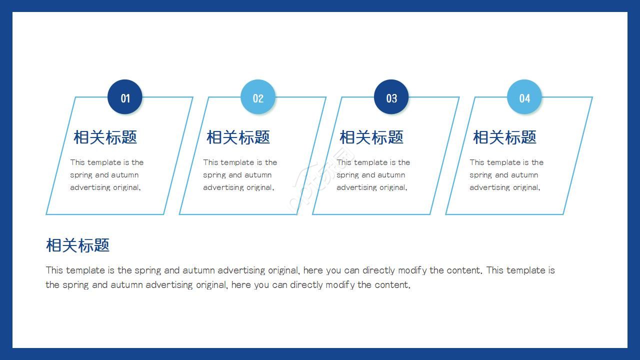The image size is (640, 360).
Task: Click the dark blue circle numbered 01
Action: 125,97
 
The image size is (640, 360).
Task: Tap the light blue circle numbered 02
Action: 258,97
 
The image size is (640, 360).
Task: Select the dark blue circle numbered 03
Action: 391,97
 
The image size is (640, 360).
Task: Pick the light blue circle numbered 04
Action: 524,97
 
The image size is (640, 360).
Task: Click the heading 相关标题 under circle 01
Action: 105,137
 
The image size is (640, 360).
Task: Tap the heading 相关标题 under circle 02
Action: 238,137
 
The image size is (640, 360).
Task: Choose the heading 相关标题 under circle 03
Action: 371,137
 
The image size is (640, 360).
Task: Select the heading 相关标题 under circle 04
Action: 504,137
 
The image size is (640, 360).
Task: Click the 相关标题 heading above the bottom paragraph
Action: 77,245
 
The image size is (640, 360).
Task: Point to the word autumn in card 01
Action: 125,175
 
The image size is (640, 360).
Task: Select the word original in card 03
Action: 392,187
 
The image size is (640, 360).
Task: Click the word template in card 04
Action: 504,162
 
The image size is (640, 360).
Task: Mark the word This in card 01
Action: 77,162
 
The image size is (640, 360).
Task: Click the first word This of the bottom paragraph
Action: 54,270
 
